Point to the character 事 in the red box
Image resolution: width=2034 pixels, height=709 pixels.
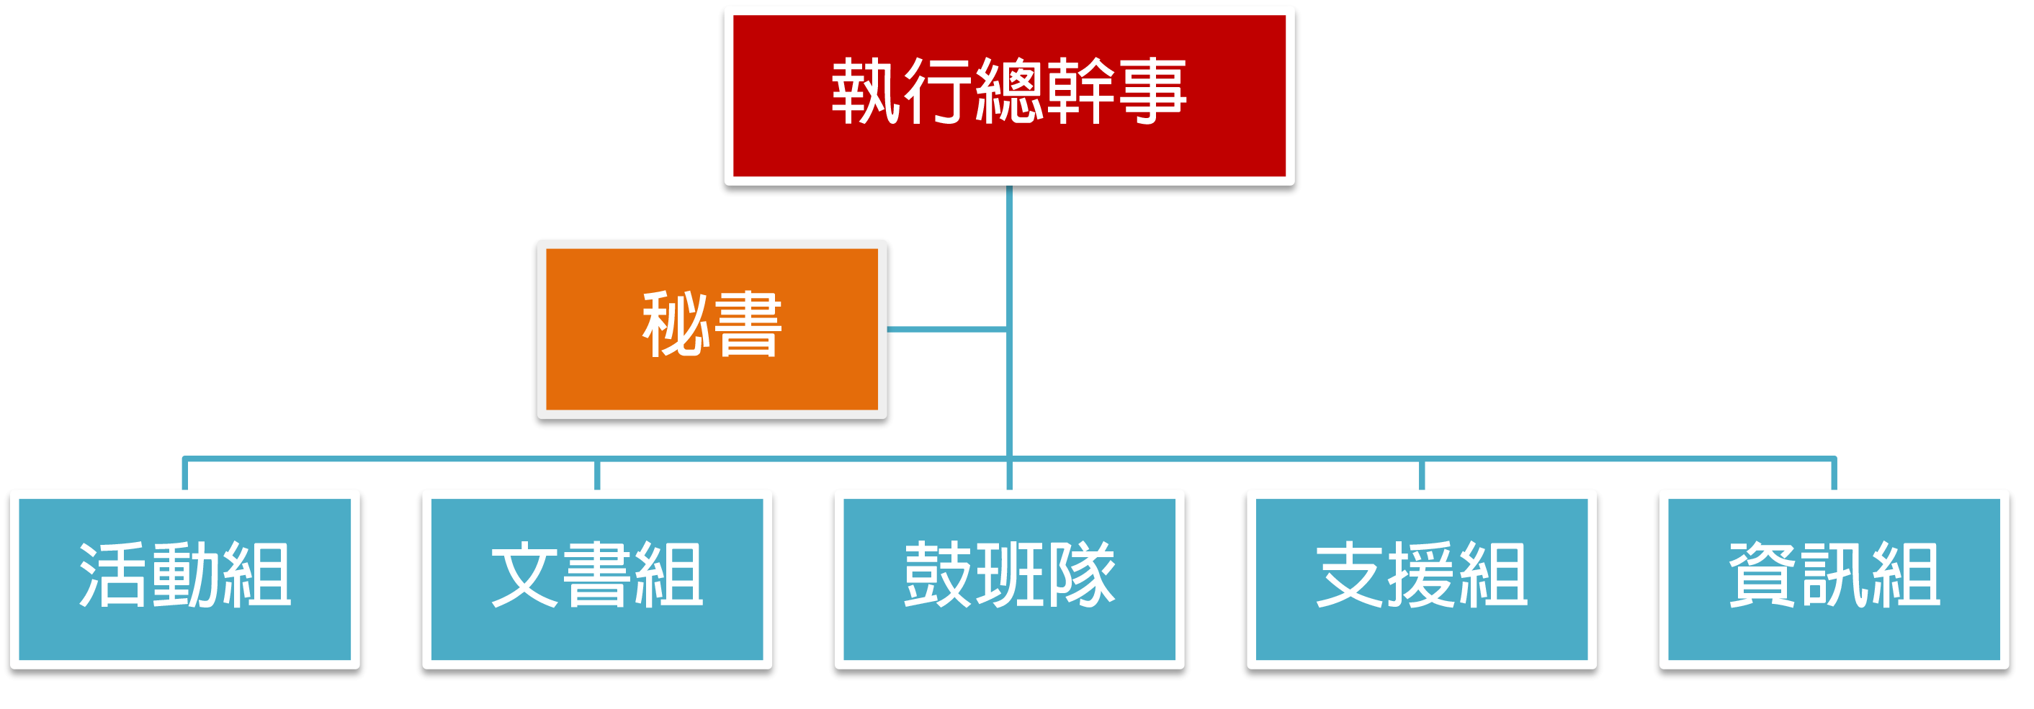1153,91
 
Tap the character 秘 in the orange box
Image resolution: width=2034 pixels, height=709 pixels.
675,324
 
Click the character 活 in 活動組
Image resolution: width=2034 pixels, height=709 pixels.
113,575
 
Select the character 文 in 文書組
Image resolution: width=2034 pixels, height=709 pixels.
525,575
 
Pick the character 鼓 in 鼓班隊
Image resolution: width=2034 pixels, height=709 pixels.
937,575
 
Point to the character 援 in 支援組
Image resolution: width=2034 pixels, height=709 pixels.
1421,575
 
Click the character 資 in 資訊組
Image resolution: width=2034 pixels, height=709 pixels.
1762,575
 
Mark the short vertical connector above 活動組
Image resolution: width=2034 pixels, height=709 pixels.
185,474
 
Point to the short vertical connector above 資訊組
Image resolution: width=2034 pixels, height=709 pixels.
1834,474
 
